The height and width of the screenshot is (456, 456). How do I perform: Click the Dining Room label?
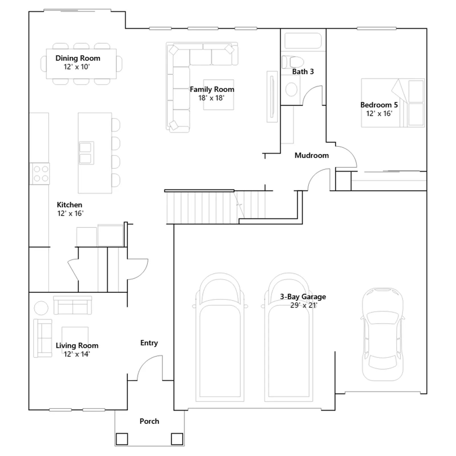78,58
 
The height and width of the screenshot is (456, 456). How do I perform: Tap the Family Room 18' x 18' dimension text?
211,98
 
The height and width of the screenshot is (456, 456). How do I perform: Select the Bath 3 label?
303,72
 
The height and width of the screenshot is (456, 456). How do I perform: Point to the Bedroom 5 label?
379,105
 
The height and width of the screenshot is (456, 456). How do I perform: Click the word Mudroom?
312,155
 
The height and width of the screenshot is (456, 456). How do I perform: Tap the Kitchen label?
70,205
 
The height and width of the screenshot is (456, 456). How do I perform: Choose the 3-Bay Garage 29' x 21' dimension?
304,305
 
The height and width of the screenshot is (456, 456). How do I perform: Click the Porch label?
149,421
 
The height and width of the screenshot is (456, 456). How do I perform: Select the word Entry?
149,343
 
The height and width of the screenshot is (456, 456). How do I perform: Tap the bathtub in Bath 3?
303,41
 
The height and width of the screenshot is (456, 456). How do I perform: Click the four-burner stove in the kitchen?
40,174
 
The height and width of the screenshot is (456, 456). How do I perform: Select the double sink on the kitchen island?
86,153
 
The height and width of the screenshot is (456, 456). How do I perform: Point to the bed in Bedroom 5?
393,103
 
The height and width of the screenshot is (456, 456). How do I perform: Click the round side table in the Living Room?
41,308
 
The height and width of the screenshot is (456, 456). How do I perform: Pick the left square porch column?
122,439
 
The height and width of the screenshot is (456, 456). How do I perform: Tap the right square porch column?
177,439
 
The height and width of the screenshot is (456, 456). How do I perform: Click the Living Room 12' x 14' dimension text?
77,354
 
